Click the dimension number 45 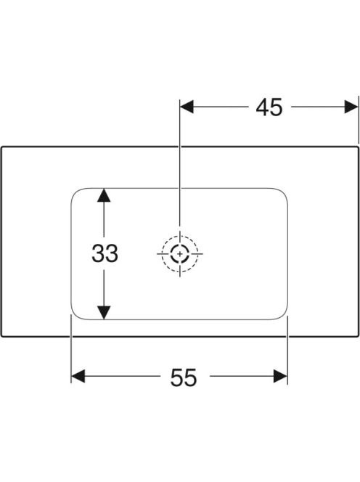tap(269, 107)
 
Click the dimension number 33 tap(105, 253)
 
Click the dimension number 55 tap(183, 377)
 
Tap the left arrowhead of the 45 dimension tap(187, 107)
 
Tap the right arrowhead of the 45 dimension tap(351, 107)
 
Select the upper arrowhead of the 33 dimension tap(104, 195)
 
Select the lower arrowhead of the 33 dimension tap(104, 313)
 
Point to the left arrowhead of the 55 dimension tap(78, 376)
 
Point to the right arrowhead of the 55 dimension tap(280, 376)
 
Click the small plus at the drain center tap(180, 254)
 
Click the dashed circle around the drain tap(180, 236)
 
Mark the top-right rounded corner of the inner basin tap(283, 193)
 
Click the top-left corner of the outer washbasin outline tap(2, 147)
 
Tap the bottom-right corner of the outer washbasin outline tap(359, 336)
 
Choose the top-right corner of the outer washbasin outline tap(359, 147)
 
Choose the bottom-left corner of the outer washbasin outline tap(2, 336)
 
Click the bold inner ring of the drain tap(180, 245)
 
